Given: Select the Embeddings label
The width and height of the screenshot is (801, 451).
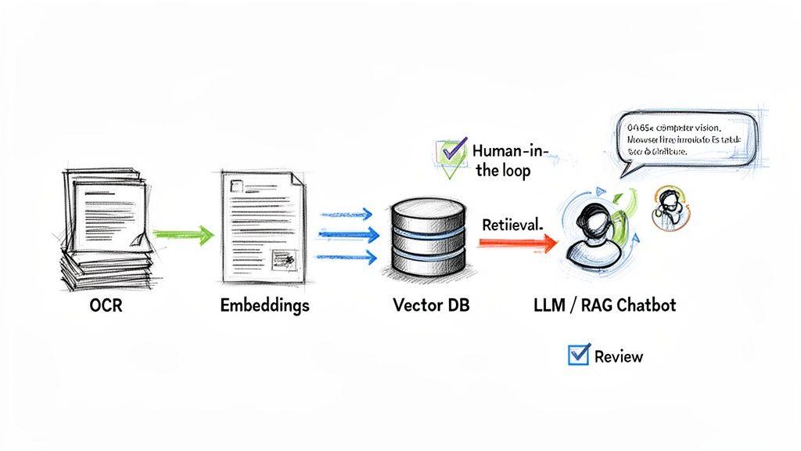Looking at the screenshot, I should click(x=264, y=305).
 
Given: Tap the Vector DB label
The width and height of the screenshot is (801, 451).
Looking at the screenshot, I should click(x=431, y=305).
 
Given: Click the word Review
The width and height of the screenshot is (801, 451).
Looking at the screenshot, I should click(x=618, y=357).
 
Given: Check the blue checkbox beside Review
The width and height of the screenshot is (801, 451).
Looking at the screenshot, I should click(x=578, y=355).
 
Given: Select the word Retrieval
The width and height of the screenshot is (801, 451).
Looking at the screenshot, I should click(x=512, y=225).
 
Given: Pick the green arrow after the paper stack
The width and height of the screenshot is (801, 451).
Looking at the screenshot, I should click(x=183, y=233).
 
